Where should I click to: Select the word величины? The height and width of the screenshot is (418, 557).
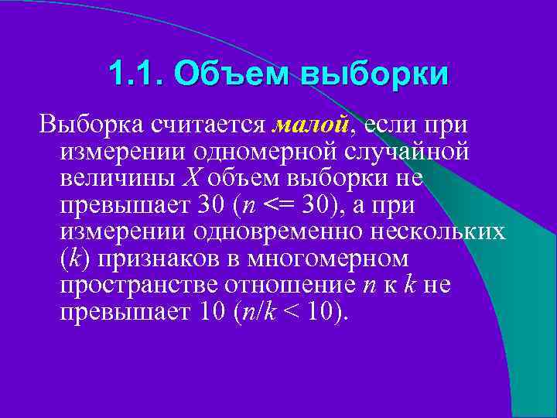click(x=117, y=179)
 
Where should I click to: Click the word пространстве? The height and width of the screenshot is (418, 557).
click(x=138, y=286)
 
